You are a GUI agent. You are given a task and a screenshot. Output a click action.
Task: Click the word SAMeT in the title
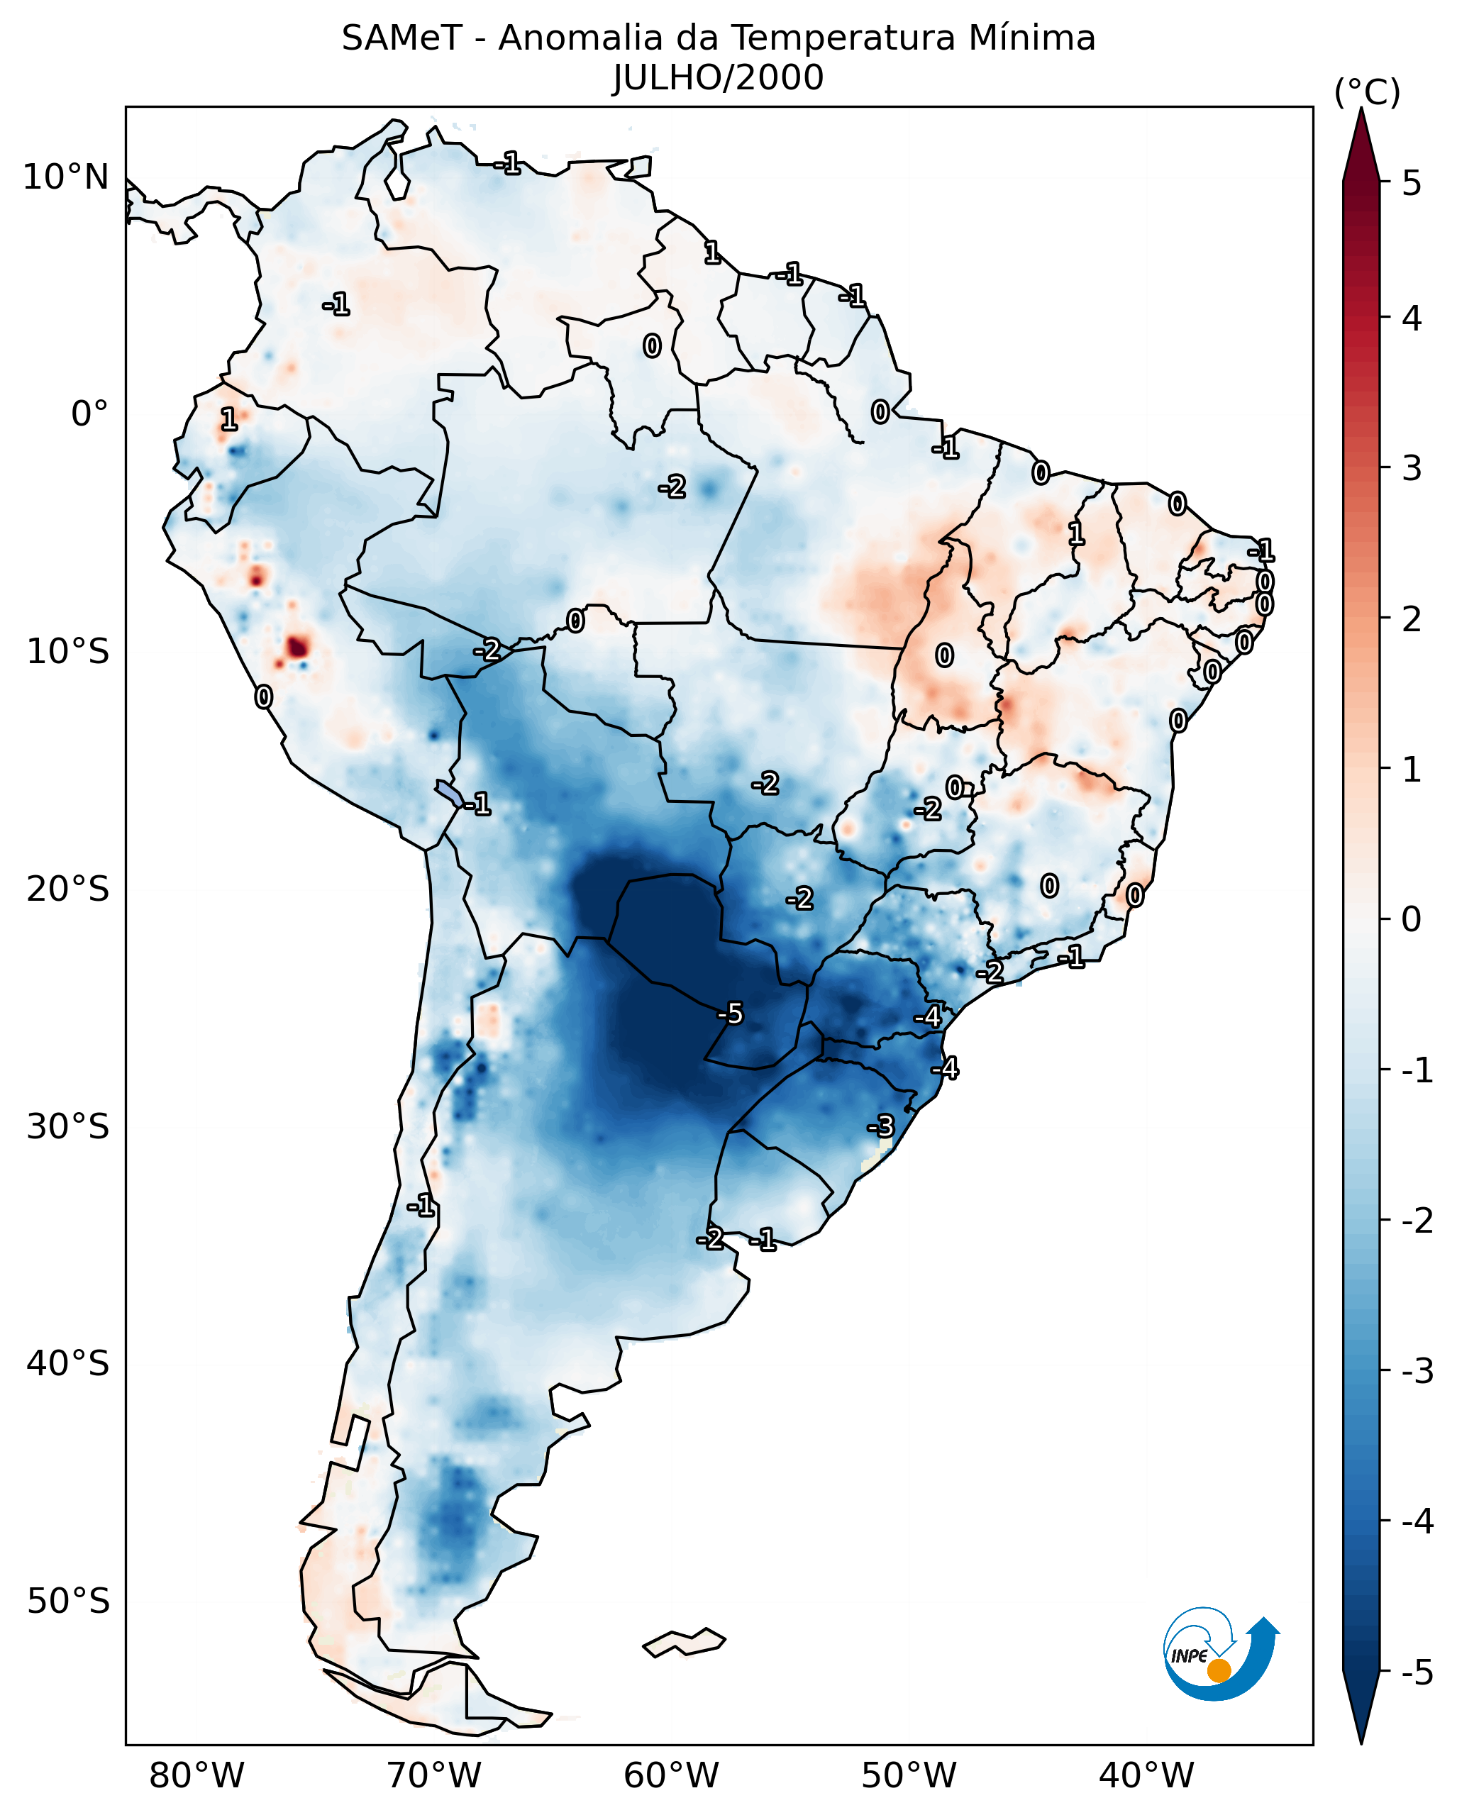(x=401, y=39)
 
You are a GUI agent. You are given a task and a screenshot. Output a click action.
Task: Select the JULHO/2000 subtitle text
(x=718, y=78)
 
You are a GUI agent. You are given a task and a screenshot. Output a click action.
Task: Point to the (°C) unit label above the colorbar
(x=1367, y=93)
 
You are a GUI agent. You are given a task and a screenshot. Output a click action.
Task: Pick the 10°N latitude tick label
(x=66, y=177)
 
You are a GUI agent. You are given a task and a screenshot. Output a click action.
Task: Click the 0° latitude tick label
(x=89, y=414)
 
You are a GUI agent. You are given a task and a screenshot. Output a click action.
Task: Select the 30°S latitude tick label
(x=67, y=1126)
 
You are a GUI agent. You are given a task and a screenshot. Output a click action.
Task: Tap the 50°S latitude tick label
(x=67, y=1602)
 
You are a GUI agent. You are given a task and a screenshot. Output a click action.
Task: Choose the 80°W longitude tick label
(x=196, y=1775)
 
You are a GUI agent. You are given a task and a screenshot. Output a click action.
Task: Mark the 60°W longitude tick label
(x=671, y=1775)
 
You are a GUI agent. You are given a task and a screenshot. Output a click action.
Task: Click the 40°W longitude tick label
(x=1146, y=1775)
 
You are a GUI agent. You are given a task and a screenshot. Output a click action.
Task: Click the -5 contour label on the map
(x=731, y=1014)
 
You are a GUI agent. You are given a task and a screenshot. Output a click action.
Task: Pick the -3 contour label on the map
(x=880, y=1126)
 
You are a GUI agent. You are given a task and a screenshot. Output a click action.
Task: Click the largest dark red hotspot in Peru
(x=297, y=648)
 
